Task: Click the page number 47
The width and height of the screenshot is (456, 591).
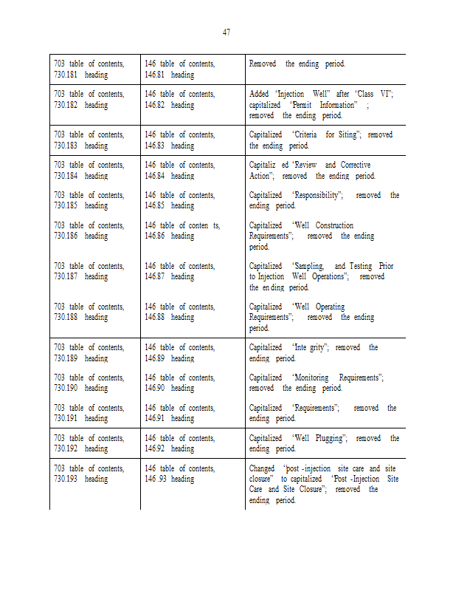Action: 227,32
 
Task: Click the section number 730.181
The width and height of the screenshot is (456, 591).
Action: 66,75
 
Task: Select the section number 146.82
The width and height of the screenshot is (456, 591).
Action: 155,105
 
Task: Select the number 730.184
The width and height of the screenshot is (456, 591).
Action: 66,176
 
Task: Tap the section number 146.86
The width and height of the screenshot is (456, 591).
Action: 155,236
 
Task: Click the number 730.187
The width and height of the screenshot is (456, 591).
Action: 66,277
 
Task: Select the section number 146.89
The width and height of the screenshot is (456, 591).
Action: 155,358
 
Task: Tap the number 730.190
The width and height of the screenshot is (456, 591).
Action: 66,389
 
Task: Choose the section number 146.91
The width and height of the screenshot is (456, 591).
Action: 155,419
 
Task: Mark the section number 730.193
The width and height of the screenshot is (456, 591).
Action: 66,479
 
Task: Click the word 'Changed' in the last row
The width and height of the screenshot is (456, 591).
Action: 263,468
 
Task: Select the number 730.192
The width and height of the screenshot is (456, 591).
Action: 66,449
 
